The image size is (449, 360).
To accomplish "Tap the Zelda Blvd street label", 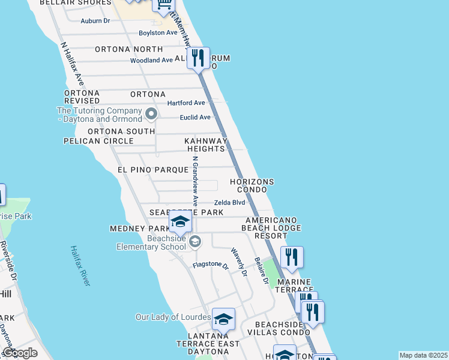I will (x=230, y=203).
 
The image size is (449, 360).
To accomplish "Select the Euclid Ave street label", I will (x=196, y=117).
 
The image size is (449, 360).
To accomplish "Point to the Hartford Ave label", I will (x=186, y=103).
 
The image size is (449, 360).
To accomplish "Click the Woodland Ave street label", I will (x=151, y=61).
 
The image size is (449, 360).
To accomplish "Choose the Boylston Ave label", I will (x=158, y=33).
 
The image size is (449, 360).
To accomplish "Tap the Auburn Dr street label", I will (x=95, y=20).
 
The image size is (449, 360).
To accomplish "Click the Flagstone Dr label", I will (x=211, y=265).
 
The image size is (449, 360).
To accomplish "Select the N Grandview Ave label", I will (x=195, y=182).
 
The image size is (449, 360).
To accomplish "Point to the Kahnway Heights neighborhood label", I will (x=206, y=145).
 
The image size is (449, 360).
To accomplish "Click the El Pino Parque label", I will (x=153, y=170).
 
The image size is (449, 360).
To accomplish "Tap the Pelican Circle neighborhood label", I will (x=98, y=141).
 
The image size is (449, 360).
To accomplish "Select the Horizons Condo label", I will (x=253, y=185).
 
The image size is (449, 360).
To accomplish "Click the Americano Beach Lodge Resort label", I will (x=271, y=228).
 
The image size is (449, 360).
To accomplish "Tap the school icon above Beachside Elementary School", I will (x=180, y=222).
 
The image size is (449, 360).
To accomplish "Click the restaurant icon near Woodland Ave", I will (x=197, y=58).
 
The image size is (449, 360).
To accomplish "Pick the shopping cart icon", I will (x=163, y=5).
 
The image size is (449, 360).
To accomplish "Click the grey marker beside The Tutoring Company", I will (x=151, y=113).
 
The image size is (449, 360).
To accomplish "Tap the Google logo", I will (x=20, y=353).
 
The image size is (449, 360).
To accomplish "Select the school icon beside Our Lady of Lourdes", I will (x=223, y=320).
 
